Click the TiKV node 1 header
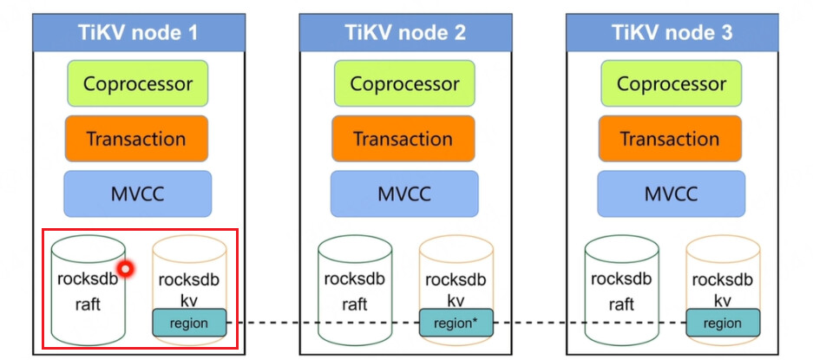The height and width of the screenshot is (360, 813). pyautogui.click(x=139, y=33)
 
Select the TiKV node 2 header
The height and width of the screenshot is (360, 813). pyautogui.click(x=405, y=33)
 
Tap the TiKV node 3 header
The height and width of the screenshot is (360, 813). pyautogui.click(x=672, y=33)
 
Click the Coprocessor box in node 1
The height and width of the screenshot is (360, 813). pyautogui.click(x=138, y=83)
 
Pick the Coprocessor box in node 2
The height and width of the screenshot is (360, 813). pyautogui.click(x=405, y=83)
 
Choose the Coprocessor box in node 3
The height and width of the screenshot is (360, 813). pyautogui.click(x=672, y=83)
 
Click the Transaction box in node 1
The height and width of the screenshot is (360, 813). pyautogui.click(x=137, y=139)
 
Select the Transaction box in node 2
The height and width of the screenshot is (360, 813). pyautogui.click(x=403, y=139)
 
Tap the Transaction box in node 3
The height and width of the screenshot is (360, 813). pyautogui.click(x=671, y=139)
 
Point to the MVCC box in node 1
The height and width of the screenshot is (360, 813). pyautogui.click(x=137, y=194)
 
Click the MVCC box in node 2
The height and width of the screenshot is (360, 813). pyautogui.click(x=404, y=194)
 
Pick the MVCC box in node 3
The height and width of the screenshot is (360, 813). pyautogui.click(x=671, y=194)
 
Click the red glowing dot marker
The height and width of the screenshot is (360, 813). pyautogui.click(x=125, y=269)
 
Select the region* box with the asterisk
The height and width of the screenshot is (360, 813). pyautogui.click(x=456, y=323)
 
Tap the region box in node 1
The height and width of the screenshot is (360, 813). pyautogui.click(x=189, y=323)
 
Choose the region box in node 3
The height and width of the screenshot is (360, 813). pyautogui.click(x=723, y=323)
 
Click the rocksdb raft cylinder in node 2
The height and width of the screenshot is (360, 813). pyautogui.click(x=355, y=291)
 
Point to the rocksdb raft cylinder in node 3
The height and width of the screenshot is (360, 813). pyautogui.click(x=622, y=291)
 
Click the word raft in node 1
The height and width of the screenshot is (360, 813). pyautogui.click(x=89, y=304)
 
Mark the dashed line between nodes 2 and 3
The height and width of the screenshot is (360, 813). pyautogui.click(x=589, y=323)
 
